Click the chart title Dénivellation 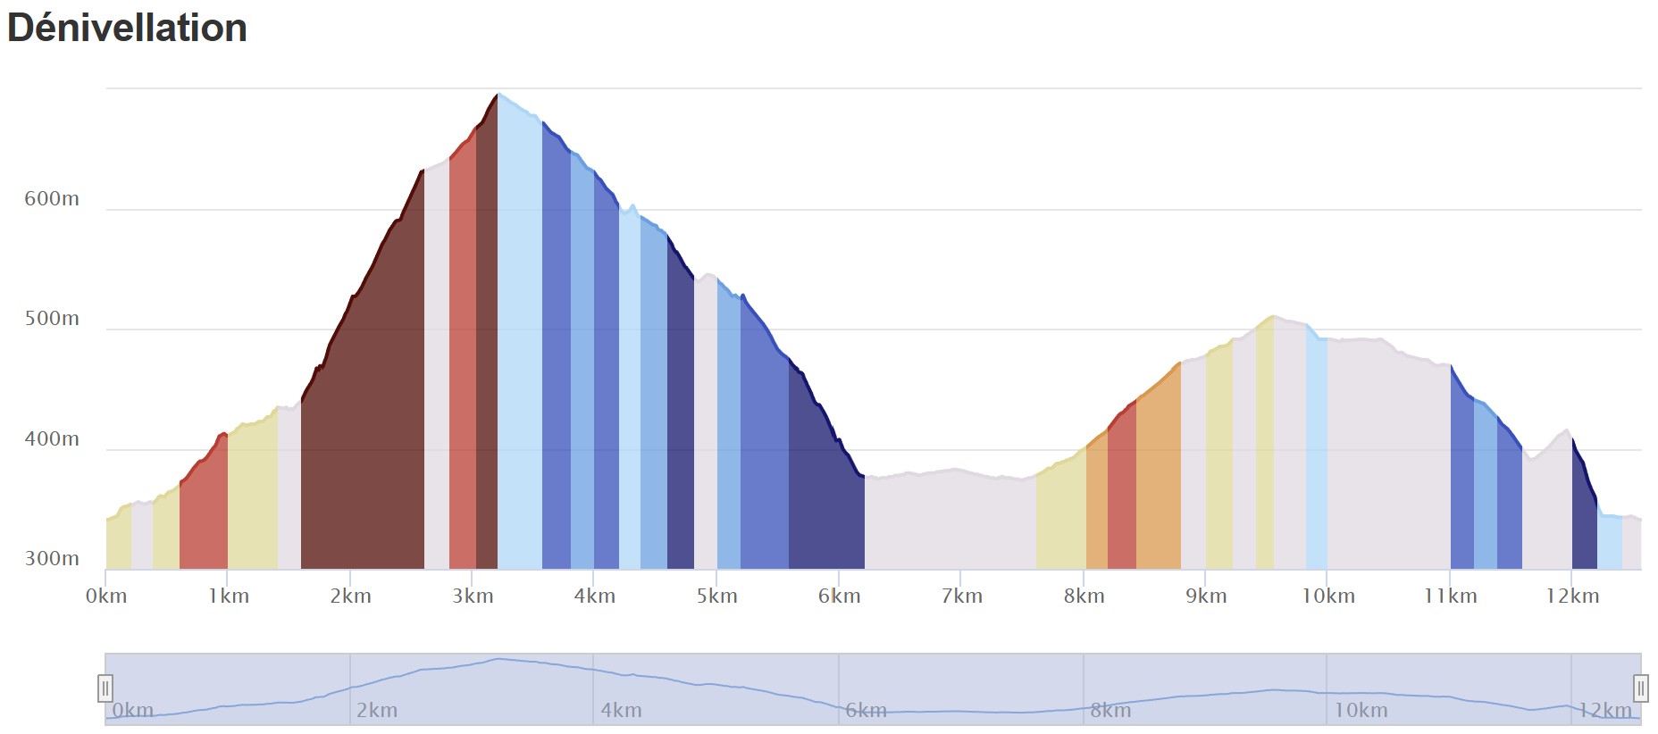click(x=127, y=28)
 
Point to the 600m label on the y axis click(x=52, y=199)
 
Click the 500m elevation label click(x=52, y=319)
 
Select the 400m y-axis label click(x=52, y=439)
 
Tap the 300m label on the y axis click(x=52, y=559)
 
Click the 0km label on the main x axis click(x=106, y=596)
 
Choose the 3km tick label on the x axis click(x=473, y=596)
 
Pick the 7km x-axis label click(x=961, y=596)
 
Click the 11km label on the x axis click(x=1450, y=596)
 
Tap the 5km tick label click(x=716, y=596)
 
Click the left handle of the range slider click(x=105, y=688)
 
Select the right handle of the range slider click(x=1641, y=688)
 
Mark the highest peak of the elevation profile click(x=498, y=94)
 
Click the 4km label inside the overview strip click(x=621, y=711)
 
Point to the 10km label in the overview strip click(x=1361, y=711)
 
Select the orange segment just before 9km click(x=1159, y=482)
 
